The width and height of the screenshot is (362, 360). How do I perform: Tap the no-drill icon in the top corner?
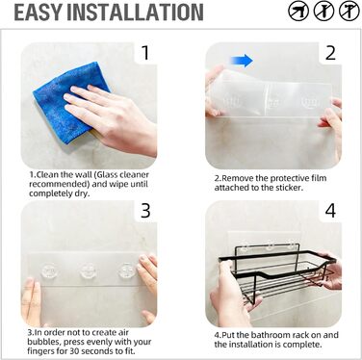pos(298,12)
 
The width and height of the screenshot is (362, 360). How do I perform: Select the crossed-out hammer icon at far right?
pos(349,12)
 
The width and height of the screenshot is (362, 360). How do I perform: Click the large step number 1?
pos(145,53)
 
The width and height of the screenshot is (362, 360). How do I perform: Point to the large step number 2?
pos(330,53)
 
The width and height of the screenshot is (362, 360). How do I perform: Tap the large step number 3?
pos(145,211)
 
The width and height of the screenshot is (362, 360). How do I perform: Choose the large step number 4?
pos(330,211)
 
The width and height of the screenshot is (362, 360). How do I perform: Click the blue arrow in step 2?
pos(242,61)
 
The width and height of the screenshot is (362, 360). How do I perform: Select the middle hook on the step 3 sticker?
pos(89,270)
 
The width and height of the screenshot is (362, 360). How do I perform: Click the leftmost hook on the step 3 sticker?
pos(49,270)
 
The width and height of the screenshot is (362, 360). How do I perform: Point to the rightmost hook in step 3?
pos(127,270)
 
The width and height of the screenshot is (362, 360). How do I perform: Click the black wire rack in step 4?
pos(277,272)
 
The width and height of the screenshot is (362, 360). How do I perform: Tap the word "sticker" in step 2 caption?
pos(289,188)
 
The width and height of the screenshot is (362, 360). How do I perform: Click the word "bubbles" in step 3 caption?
pos(41,342)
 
